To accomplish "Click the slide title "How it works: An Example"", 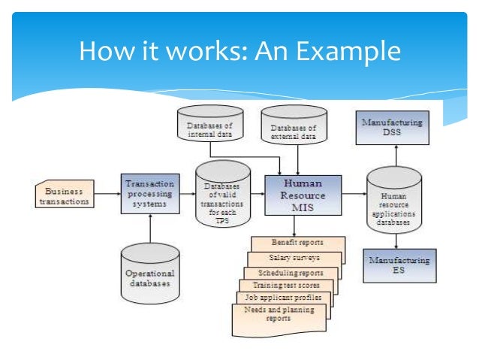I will (239, 52).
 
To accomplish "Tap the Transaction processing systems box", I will (149, 193).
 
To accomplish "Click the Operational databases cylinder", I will (150, 277).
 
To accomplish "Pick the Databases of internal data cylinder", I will (210, 126).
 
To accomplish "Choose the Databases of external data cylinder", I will (294, 126).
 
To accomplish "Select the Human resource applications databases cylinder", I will (394, 201).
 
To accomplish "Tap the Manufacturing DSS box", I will (392, 129).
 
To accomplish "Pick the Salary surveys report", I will (294, 258).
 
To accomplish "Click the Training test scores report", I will (285, 286).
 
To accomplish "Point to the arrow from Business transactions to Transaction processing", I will (107, 194).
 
